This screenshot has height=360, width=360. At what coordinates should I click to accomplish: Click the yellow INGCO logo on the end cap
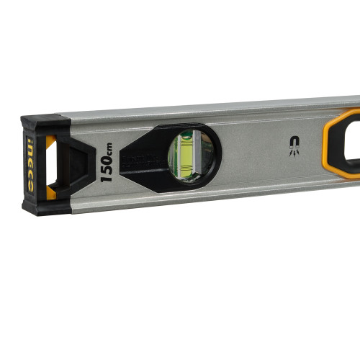31,166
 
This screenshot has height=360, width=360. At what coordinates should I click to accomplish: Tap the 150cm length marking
106,163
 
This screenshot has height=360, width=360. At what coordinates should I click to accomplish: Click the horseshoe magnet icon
294,143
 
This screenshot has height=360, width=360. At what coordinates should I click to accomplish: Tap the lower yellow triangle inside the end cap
51,192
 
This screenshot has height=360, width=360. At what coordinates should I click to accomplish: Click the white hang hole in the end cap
52,166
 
